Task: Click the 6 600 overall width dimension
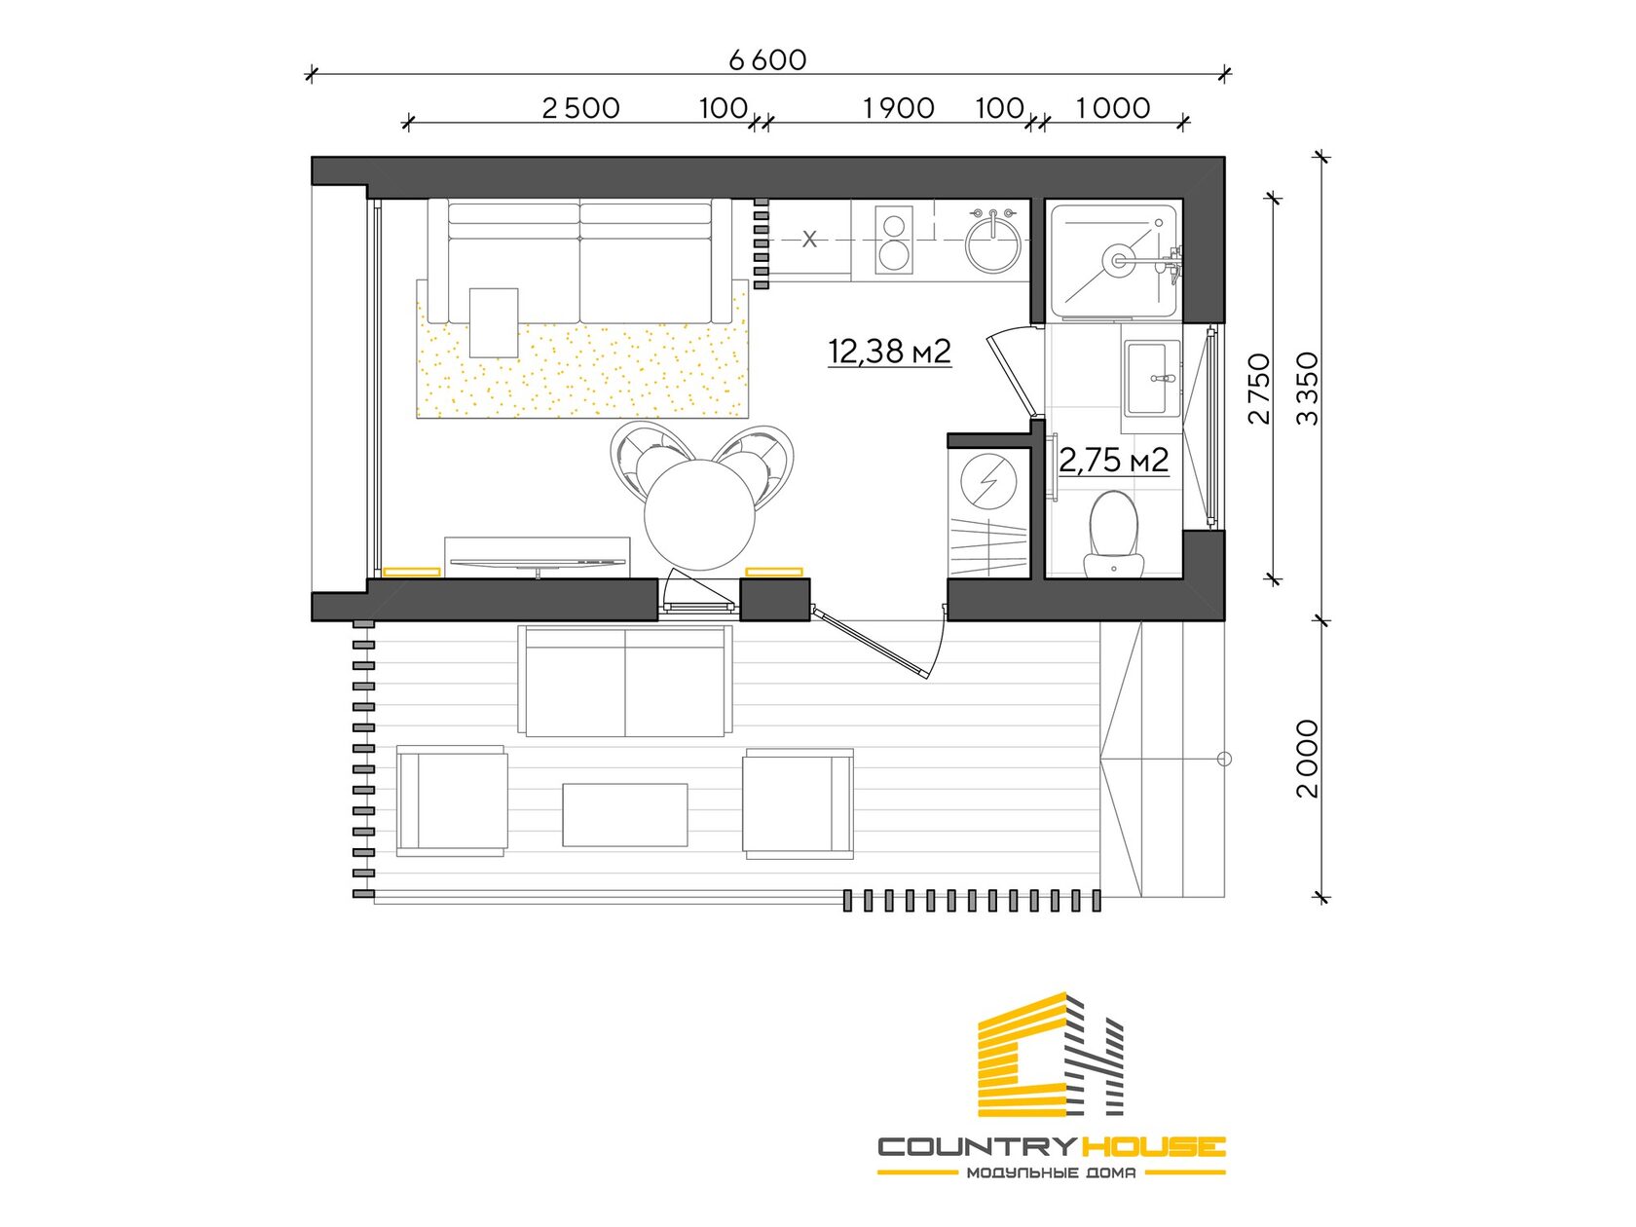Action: [767, 60]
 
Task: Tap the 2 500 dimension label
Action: [580, 109]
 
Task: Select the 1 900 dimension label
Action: [899, 109]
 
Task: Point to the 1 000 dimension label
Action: [1113, 109]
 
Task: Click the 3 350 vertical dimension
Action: [1307, 389]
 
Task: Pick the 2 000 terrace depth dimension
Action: [1307, 759]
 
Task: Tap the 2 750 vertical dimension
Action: [1259, 389]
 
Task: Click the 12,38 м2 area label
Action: [890, 351]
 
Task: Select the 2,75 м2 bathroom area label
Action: [1113, 461]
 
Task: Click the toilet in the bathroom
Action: [1113, 534]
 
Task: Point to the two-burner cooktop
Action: [894, 240]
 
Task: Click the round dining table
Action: [700, 514]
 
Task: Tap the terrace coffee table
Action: [624, 814]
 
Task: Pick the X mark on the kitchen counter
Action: [809, 240]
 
